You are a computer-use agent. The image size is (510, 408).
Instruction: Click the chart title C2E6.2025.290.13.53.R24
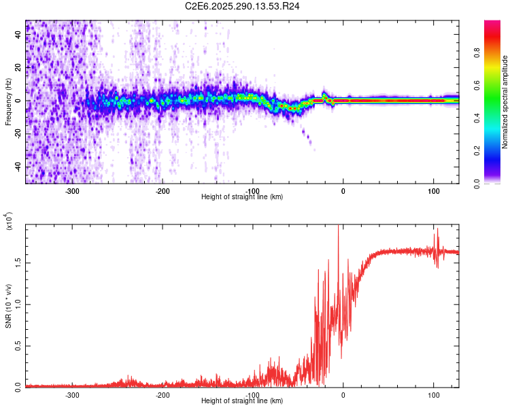(243, 6)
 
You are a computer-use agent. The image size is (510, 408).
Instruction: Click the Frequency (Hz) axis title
(8, 102)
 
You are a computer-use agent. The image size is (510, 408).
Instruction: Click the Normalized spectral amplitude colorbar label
(505, 102)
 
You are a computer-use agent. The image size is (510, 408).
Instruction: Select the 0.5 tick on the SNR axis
(18, 345)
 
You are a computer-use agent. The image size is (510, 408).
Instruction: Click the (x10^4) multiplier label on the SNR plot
(9, 221)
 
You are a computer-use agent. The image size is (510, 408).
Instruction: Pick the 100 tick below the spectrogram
(433, 190)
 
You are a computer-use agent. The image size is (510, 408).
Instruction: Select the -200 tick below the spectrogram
(163, 190)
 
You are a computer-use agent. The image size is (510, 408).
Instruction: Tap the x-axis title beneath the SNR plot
(242, 401)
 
